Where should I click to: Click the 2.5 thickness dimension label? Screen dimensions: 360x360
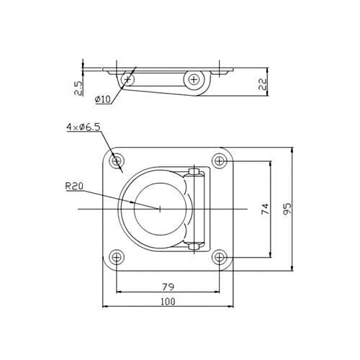78,88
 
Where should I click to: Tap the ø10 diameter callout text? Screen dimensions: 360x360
103,99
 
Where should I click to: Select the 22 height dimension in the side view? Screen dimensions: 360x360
263,84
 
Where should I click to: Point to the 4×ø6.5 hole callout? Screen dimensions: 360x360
84,127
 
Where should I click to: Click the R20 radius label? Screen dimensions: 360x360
74,186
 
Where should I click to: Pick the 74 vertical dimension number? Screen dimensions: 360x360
266,209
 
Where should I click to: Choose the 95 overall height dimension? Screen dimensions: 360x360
287,209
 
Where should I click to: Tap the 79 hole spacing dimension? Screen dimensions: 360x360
168,287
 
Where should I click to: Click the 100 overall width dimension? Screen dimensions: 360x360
168,302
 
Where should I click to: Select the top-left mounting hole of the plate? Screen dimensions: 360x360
117,161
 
